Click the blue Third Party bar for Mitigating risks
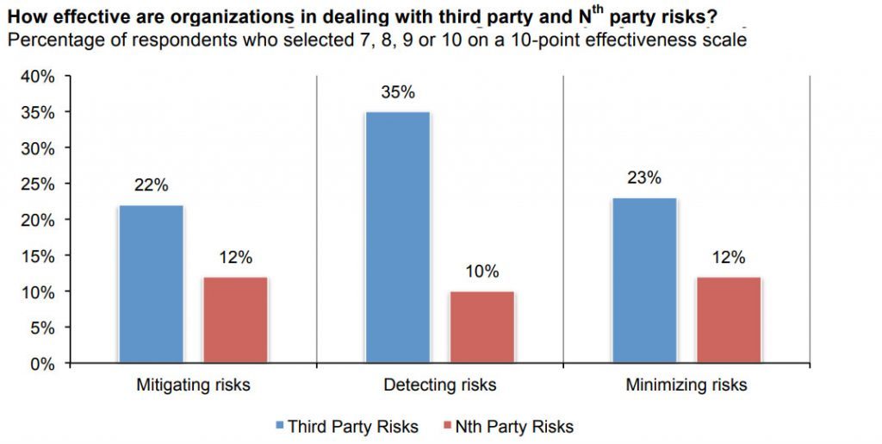[x=152, y=284]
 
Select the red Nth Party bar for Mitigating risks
[x=236, y=320]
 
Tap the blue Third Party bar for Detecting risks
[x=397, y=237]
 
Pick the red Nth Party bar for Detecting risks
[x=482, y=327]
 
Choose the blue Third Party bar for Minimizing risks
[x=643, y=280]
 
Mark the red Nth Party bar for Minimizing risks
[x=729, y=320]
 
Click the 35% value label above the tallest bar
[x=397, y=92]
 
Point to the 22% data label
[x=151, y=185]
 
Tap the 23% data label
[x=643, y=178]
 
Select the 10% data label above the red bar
[x=482, y=272]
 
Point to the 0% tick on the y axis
[x=43, y=364]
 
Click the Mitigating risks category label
[x=193, y=385]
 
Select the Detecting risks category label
[x=439, y=385]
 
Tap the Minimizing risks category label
[x=686, y=385]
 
